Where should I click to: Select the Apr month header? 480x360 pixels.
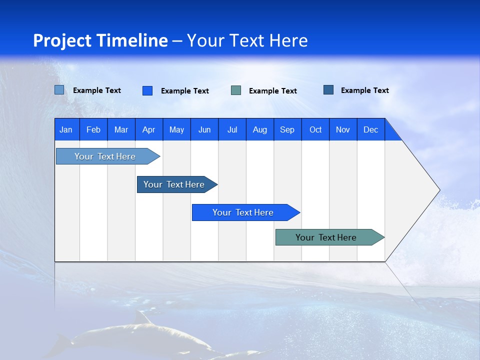149,129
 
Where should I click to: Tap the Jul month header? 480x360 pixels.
232,129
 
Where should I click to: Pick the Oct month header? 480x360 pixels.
315,129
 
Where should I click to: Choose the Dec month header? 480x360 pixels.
371,129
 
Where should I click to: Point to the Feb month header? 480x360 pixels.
93,129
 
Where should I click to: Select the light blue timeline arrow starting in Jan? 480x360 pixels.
108,156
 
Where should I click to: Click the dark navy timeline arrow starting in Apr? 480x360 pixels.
177,184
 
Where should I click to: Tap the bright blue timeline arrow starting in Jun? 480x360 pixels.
246,212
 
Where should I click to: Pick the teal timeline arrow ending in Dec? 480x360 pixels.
330,237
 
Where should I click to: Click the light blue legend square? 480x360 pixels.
59,90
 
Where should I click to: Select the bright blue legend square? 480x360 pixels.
147,90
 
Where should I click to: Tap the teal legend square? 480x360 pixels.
236,90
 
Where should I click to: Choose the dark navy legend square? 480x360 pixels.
328,89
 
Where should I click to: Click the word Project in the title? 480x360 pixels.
62,40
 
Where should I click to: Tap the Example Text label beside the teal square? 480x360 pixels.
273,91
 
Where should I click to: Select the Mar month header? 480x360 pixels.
121,129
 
